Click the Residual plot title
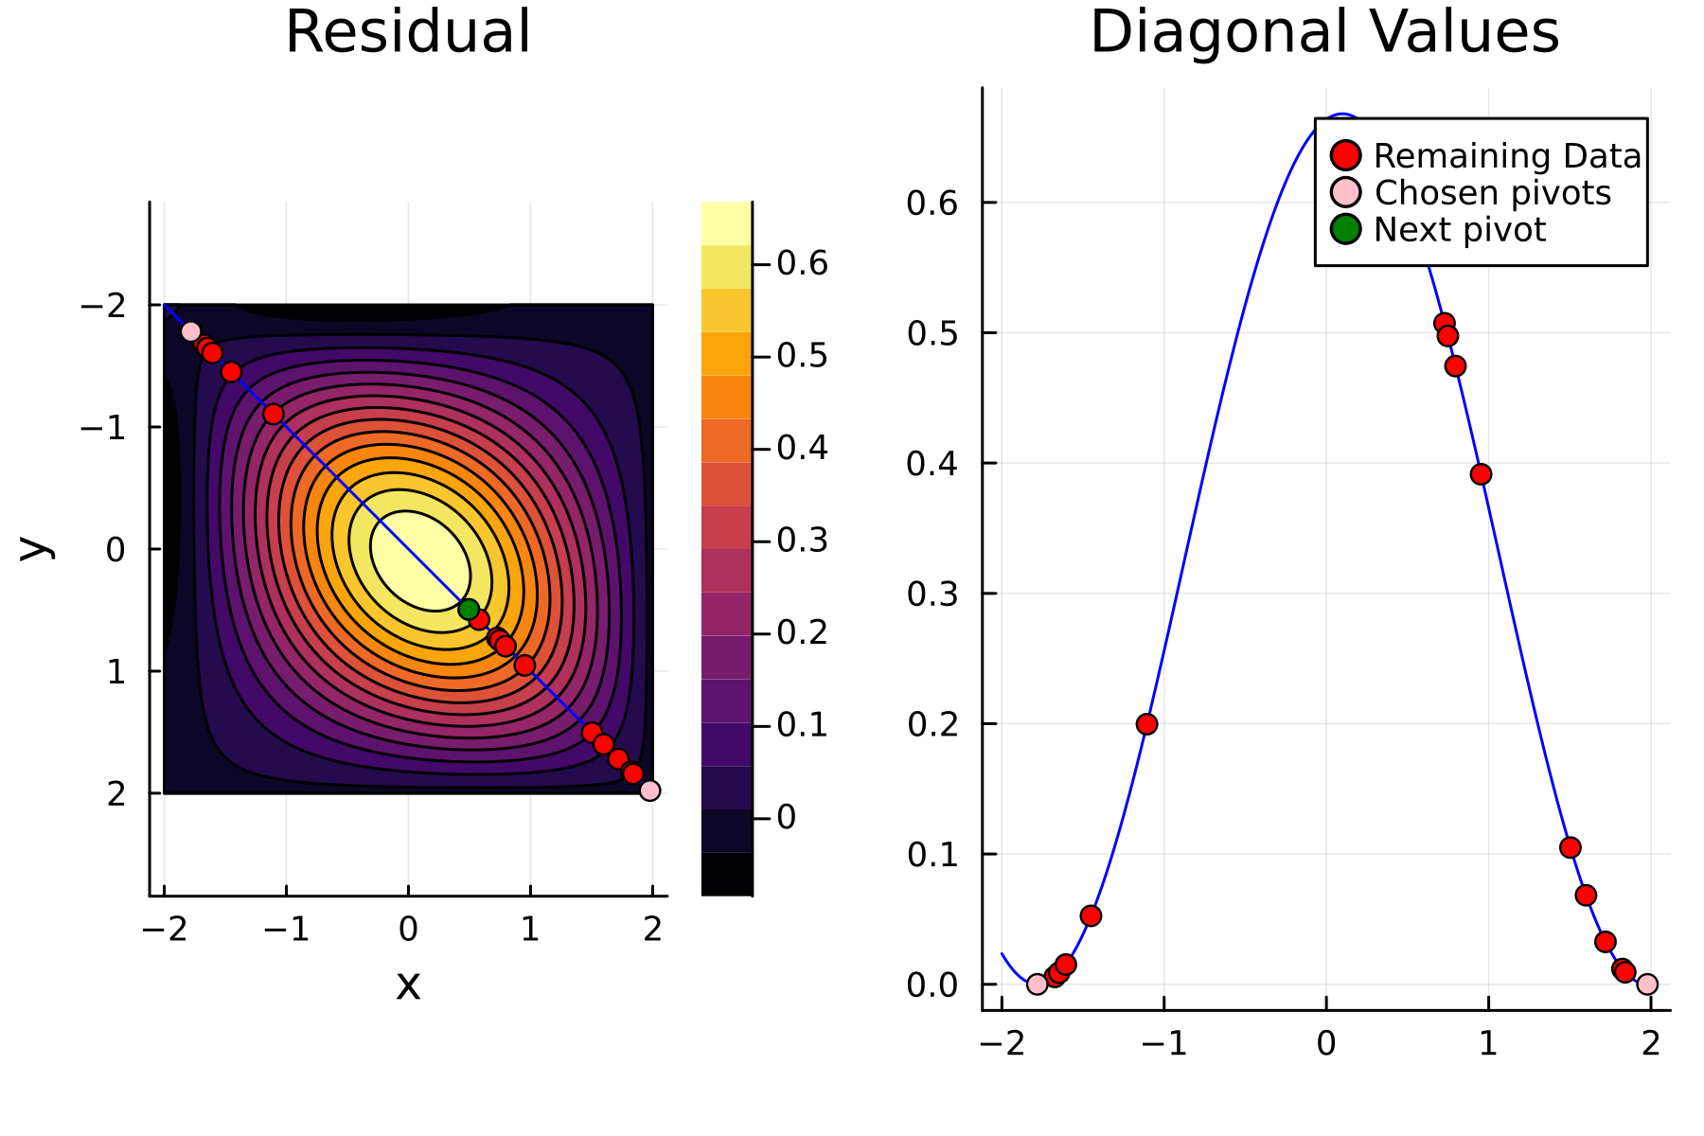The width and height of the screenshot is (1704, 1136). [408, 32]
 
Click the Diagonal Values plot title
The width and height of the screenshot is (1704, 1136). [1324, 32]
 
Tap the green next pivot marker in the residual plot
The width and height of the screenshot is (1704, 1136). [468, 610]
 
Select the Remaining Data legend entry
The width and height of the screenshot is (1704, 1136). [1506, 155]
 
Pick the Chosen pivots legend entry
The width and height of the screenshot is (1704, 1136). [1491, 192]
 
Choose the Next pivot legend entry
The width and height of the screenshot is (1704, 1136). [1459, 229]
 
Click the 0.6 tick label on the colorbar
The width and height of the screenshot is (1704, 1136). [802, 263]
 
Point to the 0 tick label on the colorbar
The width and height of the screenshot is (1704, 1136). [786, 817]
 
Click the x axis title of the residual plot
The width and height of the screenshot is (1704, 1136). [408, 985]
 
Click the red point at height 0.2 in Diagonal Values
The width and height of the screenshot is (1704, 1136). [1146, 724]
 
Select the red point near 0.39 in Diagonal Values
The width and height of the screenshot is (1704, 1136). [1481, 473]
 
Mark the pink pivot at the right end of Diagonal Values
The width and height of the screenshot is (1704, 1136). [1647, 985]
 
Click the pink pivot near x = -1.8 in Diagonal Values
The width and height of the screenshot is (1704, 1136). [1037, 985]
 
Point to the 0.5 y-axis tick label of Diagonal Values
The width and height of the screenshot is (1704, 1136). [932, 333]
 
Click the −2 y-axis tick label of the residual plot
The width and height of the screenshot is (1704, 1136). [102, 306]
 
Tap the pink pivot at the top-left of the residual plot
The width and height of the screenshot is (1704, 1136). [190, 331]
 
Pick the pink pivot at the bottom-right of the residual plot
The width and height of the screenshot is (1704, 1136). [649, 790]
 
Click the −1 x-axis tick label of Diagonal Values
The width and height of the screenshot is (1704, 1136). [1163, 1044]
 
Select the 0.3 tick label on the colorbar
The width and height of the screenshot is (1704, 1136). [802, 541]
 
